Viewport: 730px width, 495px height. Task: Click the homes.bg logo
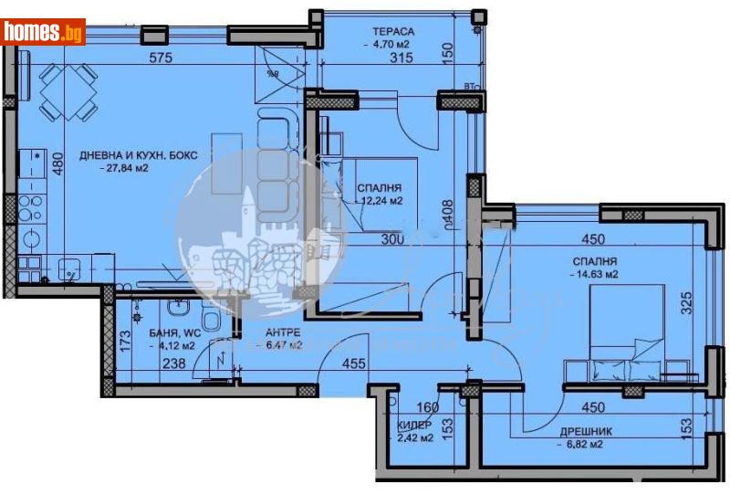44,32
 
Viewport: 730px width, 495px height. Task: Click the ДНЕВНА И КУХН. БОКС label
138,155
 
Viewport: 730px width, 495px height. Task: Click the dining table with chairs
68,95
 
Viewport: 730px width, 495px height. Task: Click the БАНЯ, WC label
150,332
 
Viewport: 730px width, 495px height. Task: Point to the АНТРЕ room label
283,332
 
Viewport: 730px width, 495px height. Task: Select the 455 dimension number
353,363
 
